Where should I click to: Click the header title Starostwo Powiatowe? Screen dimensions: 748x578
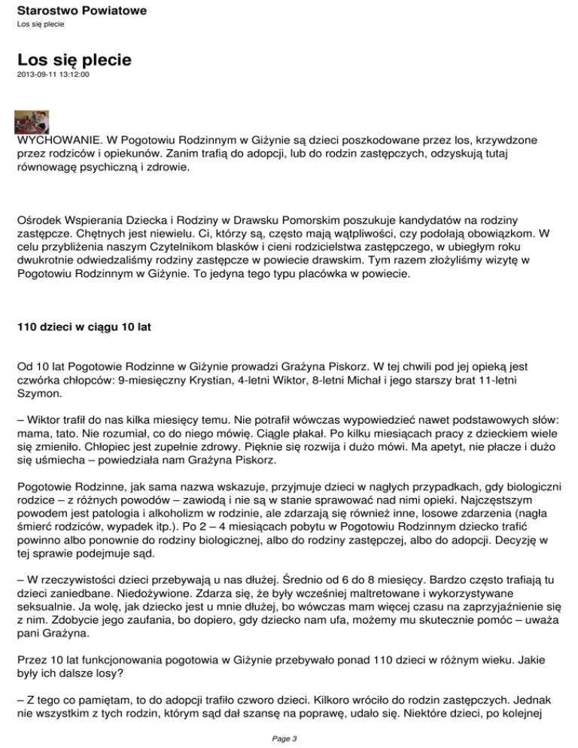(x=81, y=11)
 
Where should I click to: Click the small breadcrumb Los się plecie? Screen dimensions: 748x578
(x=40, y=24)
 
